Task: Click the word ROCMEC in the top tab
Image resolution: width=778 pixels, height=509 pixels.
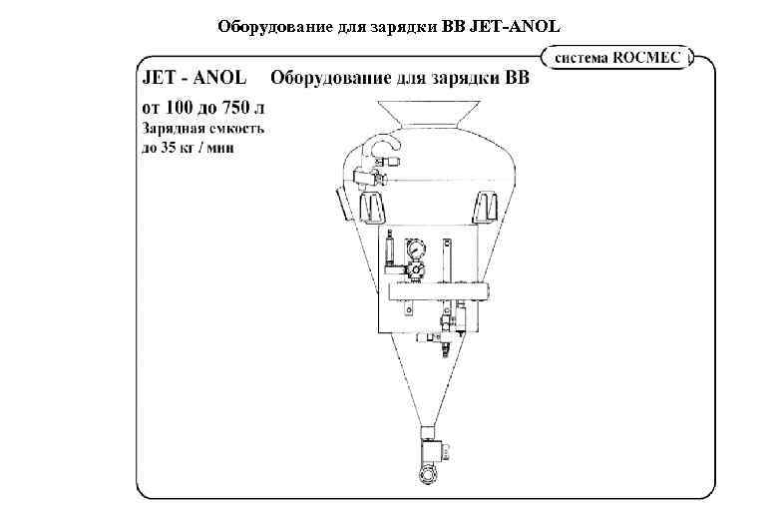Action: pos(649,58)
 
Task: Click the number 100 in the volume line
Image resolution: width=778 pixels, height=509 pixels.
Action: pos(180,107)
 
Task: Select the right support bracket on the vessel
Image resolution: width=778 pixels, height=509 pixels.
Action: pos(487,207)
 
